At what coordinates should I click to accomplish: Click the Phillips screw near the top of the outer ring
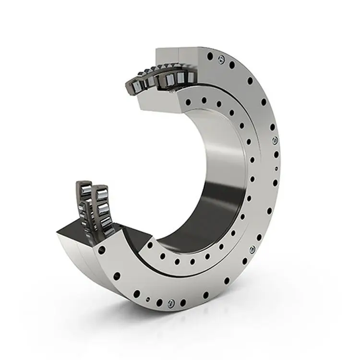click(220, 59)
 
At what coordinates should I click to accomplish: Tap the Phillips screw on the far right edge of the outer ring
click(275, 141)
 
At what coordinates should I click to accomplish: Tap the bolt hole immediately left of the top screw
click(210, 56)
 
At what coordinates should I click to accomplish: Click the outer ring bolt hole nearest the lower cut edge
click(101, 250)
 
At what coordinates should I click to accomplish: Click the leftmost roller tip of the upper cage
click(131, 86)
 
